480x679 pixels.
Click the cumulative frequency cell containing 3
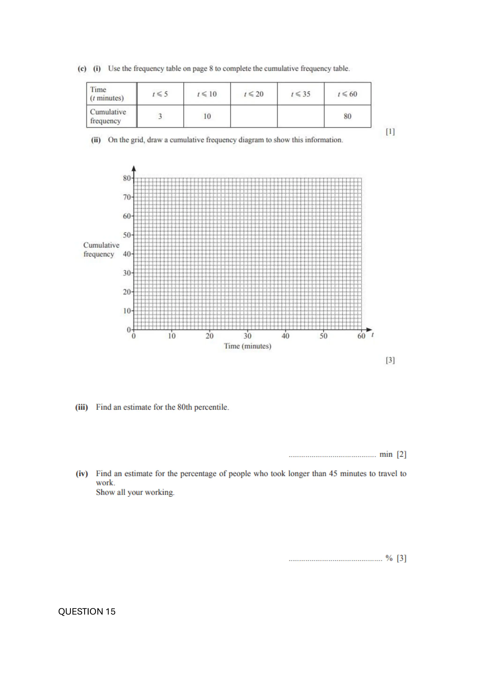[160, 116]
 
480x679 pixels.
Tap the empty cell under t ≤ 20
[254, 116]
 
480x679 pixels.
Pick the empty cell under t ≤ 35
[300, 116]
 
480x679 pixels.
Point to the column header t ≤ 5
[160, 94]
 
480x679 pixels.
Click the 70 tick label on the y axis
[127, 197]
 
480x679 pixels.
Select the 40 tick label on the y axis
[127, 254]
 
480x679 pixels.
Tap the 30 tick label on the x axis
[247, 336]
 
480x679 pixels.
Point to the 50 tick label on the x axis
[323, 336]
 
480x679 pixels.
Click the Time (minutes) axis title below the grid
[247, 346]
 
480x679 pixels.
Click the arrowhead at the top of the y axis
[134, 169]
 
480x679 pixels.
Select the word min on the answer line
[386, 454]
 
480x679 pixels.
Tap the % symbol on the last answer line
[389, 558]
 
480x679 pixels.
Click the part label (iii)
[82, 407]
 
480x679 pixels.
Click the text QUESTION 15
[87, 611]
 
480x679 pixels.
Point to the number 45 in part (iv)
[333, 473]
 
